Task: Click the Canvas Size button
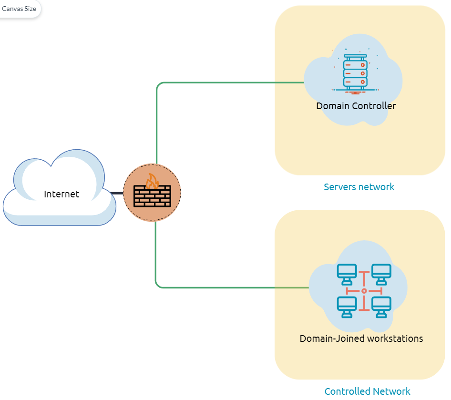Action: click(19, 9)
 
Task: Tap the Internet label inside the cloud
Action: click(61, 194)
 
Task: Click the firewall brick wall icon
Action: click(152, 196)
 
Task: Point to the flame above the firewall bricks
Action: click(153, 181)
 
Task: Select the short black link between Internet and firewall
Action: click(117, 193)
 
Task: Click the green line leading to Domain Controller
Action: click(229, 82)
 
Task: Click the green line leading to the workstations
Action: click(229, 287)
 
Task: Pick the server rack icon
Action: click(356, 72)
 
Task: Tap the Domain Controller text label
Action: click(356, 106)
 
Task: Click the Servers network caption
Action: click(359, 186)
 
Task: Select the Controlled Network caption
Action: click(367, 391)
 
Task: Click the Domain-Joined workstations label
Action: click(361, 339)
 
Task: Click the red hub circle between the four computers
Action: click(364, 290)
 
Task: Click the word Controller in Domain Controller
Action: click(376, 106)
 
